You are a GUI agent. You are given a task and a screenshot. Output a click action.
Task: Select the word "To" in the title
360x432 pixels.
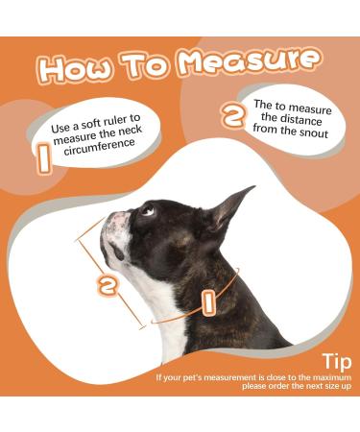tap(145, 64)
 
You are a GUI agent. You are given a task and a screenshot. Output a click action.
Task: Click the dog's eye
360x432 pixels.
tap(148, 210)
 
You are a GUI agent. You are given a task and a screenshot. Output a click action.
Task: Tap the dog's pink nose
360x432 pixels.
tap(118, 220)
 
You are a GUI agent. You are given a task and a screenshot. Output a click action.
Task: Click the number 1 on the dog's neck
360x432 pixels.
tap(208, 300)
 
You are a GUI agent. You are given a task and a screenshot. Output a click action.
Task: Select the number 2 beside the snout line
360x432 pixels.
tap(108, 286)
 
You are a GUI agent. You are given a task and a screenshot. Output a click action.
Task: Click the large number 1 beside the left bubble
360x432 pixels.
tap(44, 158)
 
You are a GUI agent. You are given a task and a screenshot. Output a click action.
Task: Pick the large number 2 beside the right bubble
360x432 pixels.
tap(234, 115)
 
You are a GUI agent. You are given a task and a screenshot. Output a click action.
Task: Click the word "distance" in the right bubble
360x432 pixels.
tap(300, 121)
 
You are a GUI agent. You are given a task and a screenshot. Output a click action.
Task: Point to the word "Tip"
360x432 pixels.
tap(337, 362)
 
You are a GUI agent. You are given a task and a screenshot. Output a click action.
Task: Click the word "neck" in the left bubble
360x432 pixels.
tap(130, 131)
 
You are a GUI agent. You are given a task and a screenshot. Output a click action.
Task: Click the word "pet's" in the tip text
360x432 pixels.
tap(192, 377)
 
